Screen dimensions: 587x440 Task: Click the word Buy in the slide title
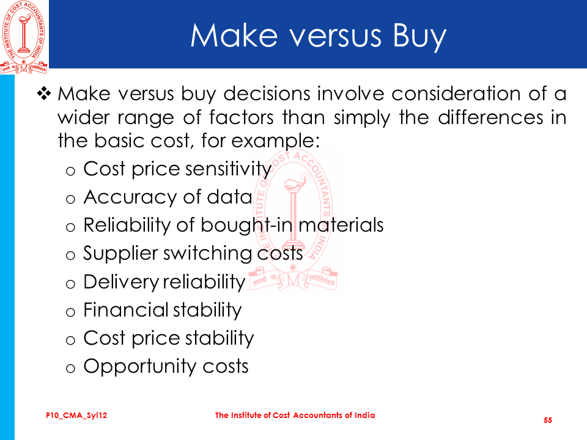(x=419, y=37)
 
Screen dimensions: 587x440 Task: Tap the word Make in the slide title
(x=234, y=35)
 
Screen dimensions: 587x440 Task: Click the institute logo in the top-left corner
(x=24, y=37)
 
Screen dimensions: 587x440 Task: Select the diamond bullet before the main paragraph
(x=44, y=94)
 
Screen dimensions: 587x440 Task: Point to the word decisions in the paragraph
(x=267, y=94)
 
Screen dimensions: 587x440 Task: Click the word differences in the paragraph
(x=490, y=117)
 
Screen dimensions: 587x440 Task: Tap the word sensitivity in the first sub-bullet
(x=228, y=169)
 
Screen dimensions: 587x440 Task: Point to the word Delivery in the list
(x=121, y=282)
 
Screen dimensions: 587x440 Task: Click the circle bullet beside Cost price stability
(x=70, y=340)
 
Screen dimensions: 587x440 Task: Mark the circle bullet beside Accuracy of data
(x=70, y=199)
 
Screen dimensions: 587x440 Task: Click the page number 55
(x=548, y=420)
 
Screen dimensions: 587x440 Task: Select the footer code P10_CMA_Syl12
(x=76, y=416)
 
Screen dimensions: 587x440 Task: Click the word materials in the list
(x=341, y=226)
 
